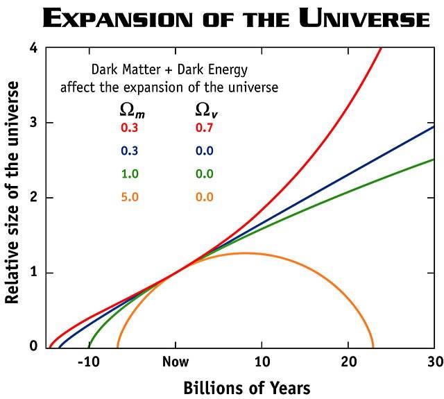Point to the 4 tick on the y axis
pyautogui.click(x=33, y=49)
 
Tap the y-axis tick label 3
pyautogui.click(x=33, y=123)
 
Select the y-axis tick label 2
pyautogui.click(x=33, y=198)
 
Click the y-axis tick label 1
pyautogui.click(x=33, y=273)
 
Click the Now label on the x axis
pyautogui.click(x=175, y=362)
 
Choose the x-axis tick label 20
pyautogui.click(x=348, y=362)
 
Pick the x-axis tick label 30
pyautogui.click(x=434, y=362)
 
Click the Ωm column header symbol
pyautogui.click(x=131, y=110)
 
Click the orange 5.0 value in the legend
pyautogui.click(x=130, y=197)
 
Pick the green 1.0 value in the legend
pyautogui.click(x=130, y=174)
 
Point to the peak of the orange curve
pyautogui.click(x=244, y=253)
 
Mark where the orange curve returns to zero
pyautogui.click(x=373, y=346)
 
